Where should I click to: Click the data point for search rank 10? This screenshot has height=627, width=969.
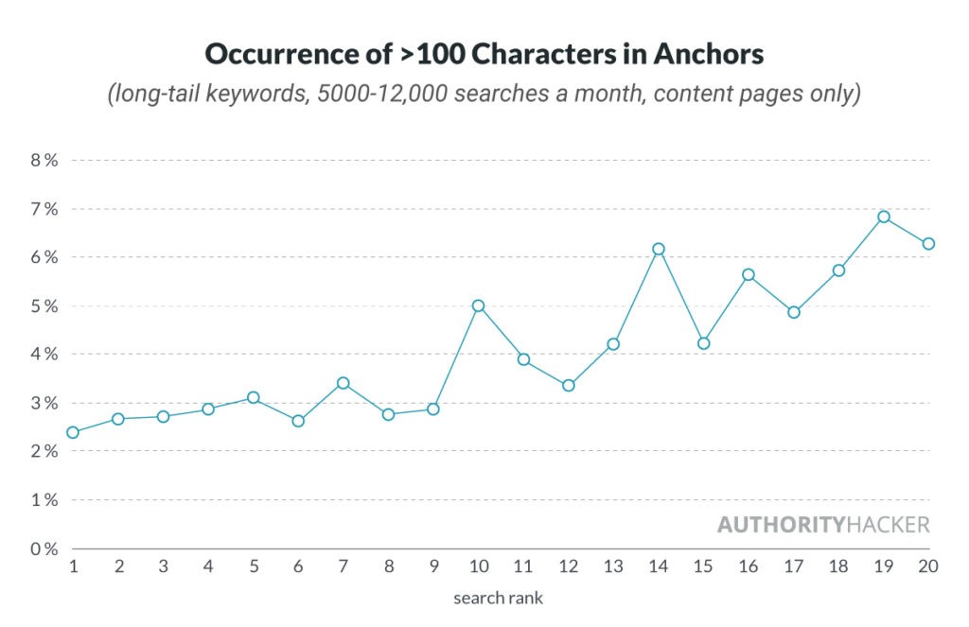[x=478, y=305]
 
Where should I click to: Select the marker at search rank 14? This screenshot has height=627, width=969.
[x=658, y=249]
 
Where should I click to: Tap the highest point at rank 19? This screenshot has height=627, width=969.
[x=883, y=217]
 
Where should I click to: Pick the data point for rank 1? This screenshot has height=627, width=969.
[x=73, y=432]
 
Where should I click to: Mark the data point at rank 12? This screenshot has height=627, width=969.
[x=568, y=385]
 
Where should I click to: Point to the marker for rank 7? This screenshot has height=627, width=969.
[x=343, y=383]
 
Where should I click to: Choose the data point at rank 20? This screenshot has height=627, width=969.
[x=928, y=244]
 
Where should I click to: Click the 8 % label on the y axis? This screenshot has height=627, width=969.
[x=44, y=160]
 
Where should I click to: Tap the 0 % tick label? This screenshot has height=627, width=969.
[x=44, y=549]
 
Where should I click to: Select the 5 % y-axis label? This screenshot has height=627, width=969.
[x=44, y=305]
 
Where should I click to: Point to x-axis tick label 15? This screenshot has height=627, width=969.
[x=702, y=566]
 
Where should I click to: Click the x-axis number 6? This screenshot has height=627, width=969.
[x=297, y=566]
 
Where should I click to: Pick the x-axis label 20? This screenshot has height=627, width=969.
[x=927, y=566]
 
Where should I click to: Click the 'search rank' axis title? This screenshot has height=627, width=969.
[x=498, y=598]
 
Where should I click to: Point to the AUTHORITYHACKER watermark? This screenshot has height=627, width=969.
[x=822, y=525]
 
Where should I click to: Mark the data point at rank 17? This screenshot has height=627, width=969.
[x=793, y=312]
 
